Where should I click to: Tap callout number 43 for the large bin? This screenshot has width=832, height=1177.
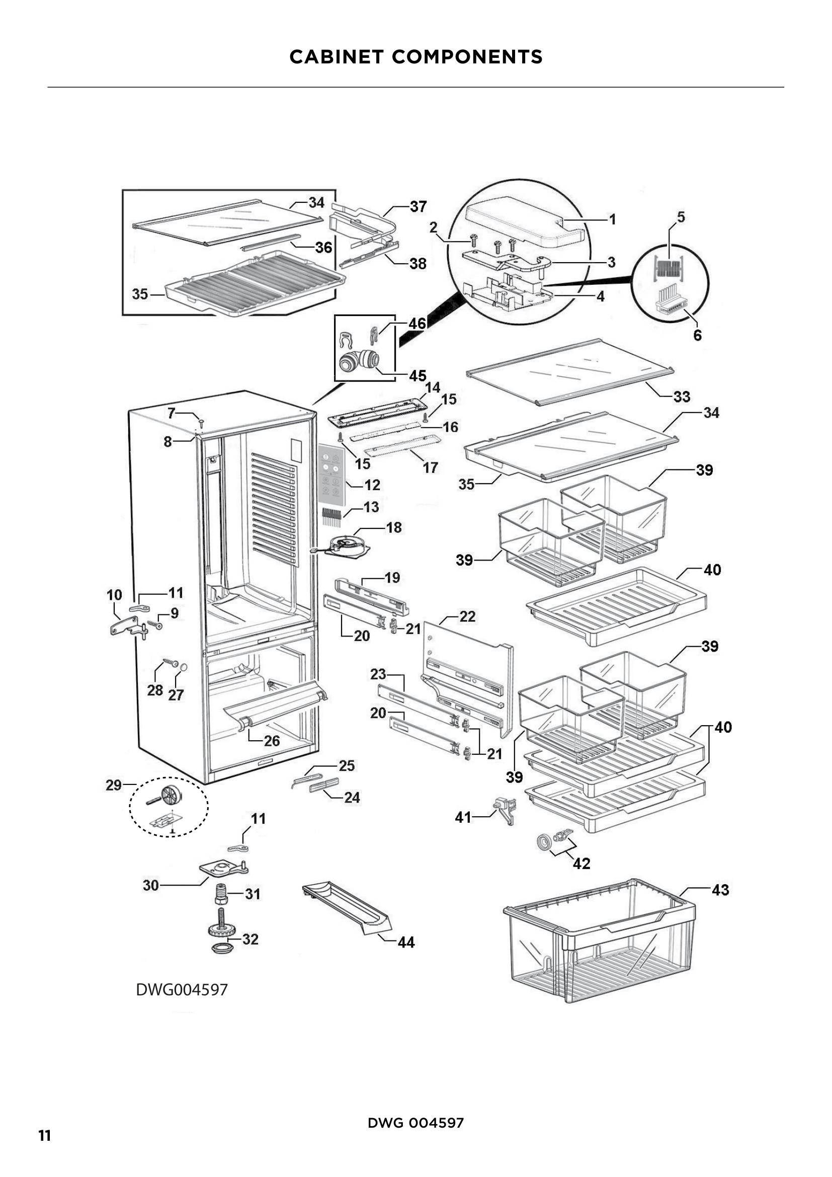click(720, 890)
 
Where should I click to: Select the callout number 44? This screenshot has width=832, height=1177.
click(406, 942)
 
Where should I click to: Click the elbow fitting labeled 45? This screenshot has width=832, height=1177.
click(359, 361)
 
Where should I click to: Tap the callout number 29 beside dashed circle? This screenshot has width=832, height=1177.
click(113, 786)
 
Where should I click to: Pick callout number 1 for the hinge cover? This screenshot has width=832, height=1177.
click(612, 219)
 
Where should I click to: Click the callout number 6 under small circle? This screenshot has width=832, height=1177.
click(697, 335)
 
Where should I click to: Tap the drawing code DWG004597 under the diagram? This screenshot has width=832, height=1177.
click(182, 989)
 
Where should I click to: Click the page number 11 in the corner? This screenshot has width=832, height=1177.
click(45, 1135)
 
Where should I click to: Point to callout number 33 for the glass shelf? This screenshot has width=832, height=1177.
click(682, 396)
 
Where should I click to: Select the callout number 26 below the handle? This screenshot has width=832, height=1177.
click(272, 741)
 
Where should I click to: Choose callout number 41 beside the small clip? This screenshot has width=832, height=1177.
click(463, 817)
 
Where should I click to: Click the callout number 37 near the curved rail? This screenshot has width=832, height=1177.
click(418, 207)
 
